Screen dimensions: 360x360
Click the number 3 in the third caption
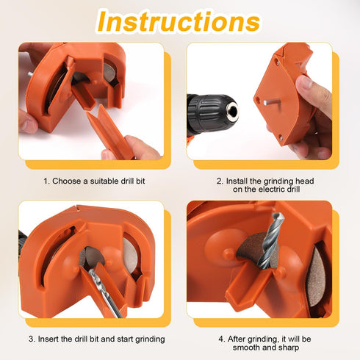point(32,339)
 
